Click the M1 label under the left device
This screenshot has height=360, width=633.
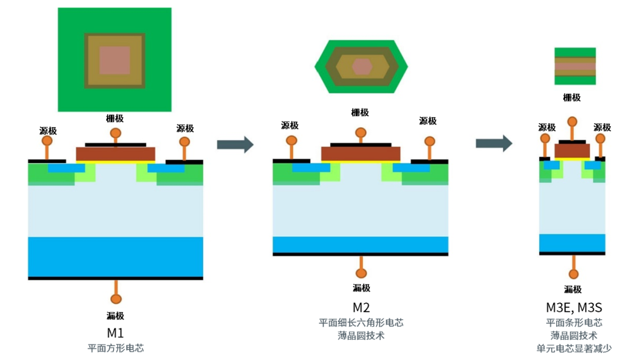tap(115, 332)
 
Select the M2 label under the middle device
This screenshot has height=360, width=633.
tap(361, 307)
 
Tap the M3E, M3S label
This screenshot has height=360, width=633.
tap(574, 307)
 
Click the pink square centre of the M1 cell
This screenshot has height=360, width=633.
tap(114, 60)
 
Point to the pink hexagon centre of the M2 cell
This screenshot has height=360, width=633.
tap(362, 67)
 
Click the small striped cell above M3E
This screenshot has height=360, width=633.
tap(575, 66)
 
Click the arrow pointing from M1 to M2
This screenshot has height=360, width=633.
tap(235, 144)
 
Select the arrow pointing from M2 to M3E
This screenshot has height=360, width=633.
tap(494, 143)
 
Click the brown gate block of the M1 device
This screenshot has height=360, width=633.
tap(115, 154)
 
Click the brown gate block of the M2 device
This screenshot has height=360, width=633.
tap(360, 154)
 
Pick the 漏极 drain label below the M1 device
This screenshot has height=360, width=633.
tap(115, 316)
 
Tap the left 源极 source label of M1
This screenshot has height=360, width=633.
tap(48, 131)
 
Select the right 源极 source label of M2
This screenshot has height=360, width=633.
tap(428, 121)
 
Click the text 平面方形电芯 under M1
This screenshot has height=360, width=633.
tap(115, 348)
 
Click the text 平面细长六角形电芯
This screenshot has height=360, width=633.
tap(361, 323)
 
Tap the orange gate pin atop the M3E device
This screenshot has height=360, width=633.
tap(572, 123)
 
